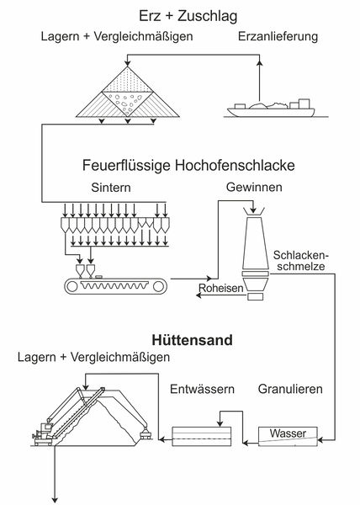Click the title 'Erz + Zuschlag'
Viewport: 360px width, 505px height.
188,16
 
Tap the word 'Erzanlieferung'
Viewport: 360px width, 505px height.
278,36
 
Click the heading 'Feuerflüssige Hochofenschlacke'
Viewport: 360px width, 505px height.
188,166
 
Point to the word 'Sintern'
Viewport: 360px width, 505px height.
111,188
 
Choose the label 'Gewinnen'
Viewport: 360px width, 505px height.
254,187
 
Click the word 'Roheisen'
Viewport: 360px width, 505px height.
221,288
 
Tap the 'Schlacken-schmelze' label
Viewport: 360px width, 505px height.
300,261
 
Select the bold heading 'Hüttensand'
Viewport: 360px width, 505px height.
192,340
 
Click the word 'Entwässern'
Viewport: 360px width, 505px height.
202,389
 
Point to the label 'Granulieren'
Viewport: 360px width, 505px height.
290,389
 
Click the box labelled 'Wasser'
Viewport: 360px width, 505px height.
288,436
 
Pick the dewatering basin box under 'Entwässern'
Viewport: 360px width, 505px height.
202,436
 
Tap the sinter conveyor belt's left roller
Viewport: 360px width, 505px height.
72,286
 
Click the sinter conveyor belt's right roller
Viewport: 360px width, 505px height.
159,286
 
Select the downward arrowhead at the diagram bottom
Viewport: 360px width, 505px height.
55,499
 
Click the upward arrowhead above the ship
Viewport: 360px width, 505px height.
260,62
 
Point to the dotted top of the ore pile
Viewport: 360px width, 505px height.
128,81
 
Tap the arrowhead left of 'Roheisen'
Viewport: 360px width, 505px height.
199,295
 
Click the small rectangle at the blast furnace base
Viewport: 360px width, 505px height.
255,296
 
